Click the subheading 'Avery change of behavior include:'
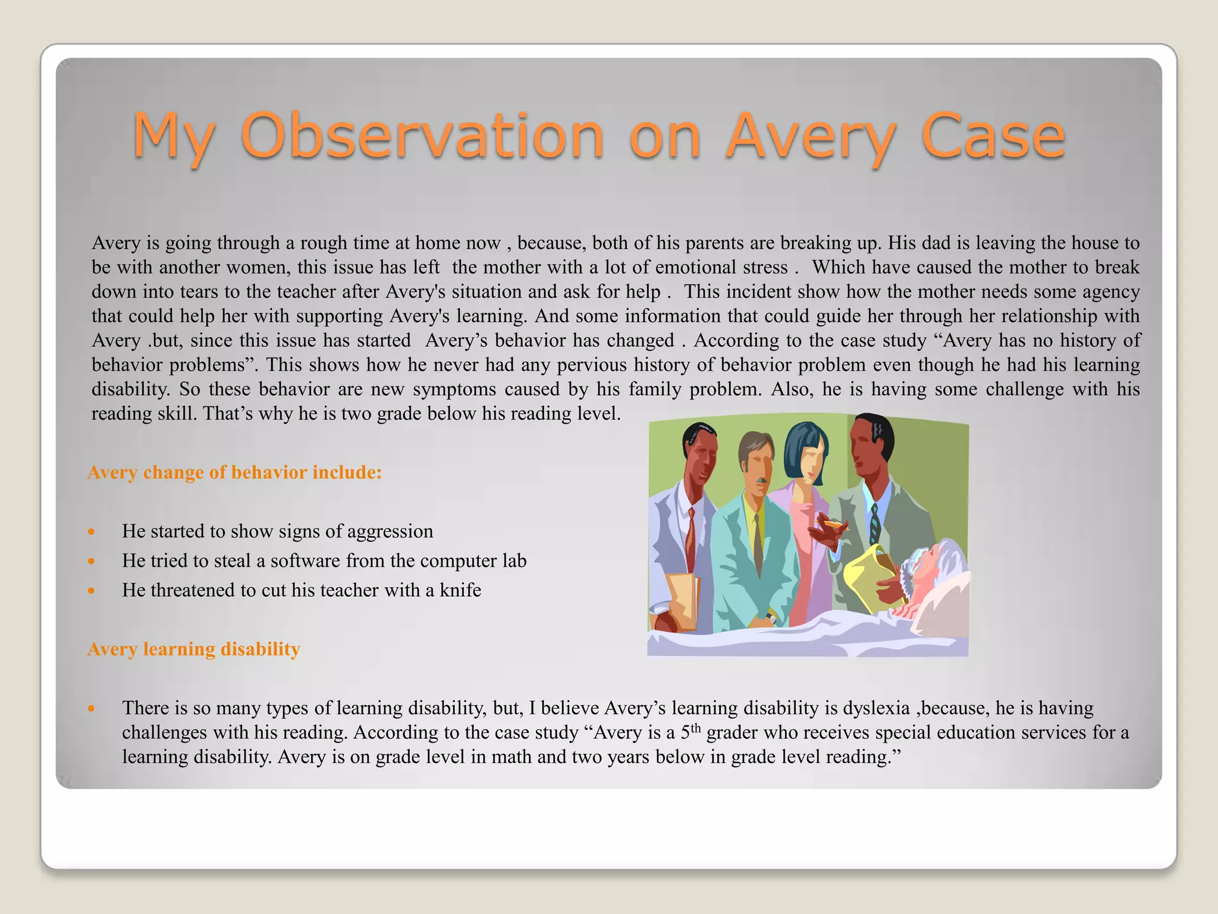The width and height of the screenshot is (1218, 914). coord(234,472)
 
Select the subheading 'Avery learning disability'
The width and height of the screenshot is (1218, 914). coord(193,649)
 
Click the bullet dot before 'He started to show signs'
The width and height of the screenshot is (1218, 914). coord(91,531)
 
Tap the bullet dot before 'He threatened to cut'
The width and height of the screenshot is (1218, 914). coord(91,590)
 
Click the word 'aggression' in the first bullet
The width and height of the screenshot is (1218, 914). coord(390,531)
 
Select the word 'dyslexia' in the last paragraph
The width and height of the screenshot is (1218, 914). coord(877,708)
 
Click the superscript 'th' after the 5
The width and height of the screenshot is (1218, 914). coord(696,728)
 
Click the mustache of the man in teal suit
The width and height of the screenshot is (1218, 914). coord(760,480)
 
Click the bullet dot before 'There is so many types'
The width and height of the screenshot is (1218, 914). coord(91,708)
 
